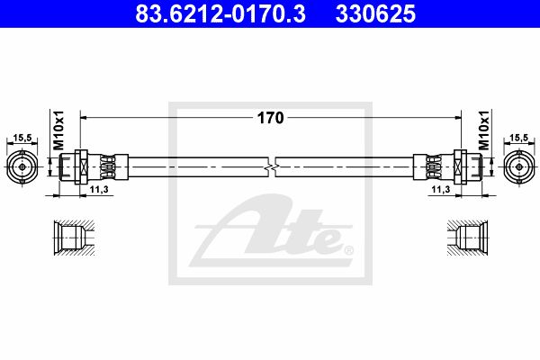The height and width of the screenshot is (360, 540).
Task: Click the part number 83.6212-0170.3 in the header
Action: coord(220,13)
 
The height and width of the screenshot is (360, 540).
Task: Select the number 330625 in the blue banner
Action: coord(375,13)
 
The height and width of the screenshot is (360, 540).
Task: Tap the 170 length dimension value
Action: coord(270,118)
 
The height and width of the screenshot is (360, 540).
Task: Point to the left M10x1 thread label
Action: coord(58,130)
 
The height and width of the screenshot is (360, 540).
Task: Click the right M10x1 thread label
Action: coord(484,130)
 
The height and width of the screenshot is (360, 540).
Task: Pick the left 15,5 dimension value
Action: coord(22,138)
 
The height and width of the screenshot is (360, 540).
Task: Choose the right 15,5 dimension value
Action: coord(519,138)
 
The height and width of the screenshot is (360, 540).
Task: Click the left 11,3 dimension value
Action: coord(99,189)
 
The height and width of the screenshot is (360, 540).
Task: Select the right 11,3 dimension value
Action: coord(441,189)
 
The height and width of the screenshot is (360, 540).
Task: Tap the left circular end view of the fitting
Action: coord(22,167)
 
